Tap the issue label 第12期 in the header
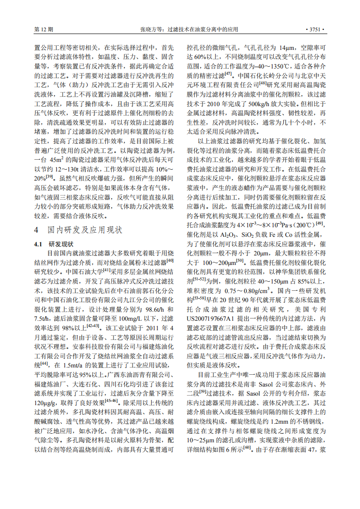click(44, 29)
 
